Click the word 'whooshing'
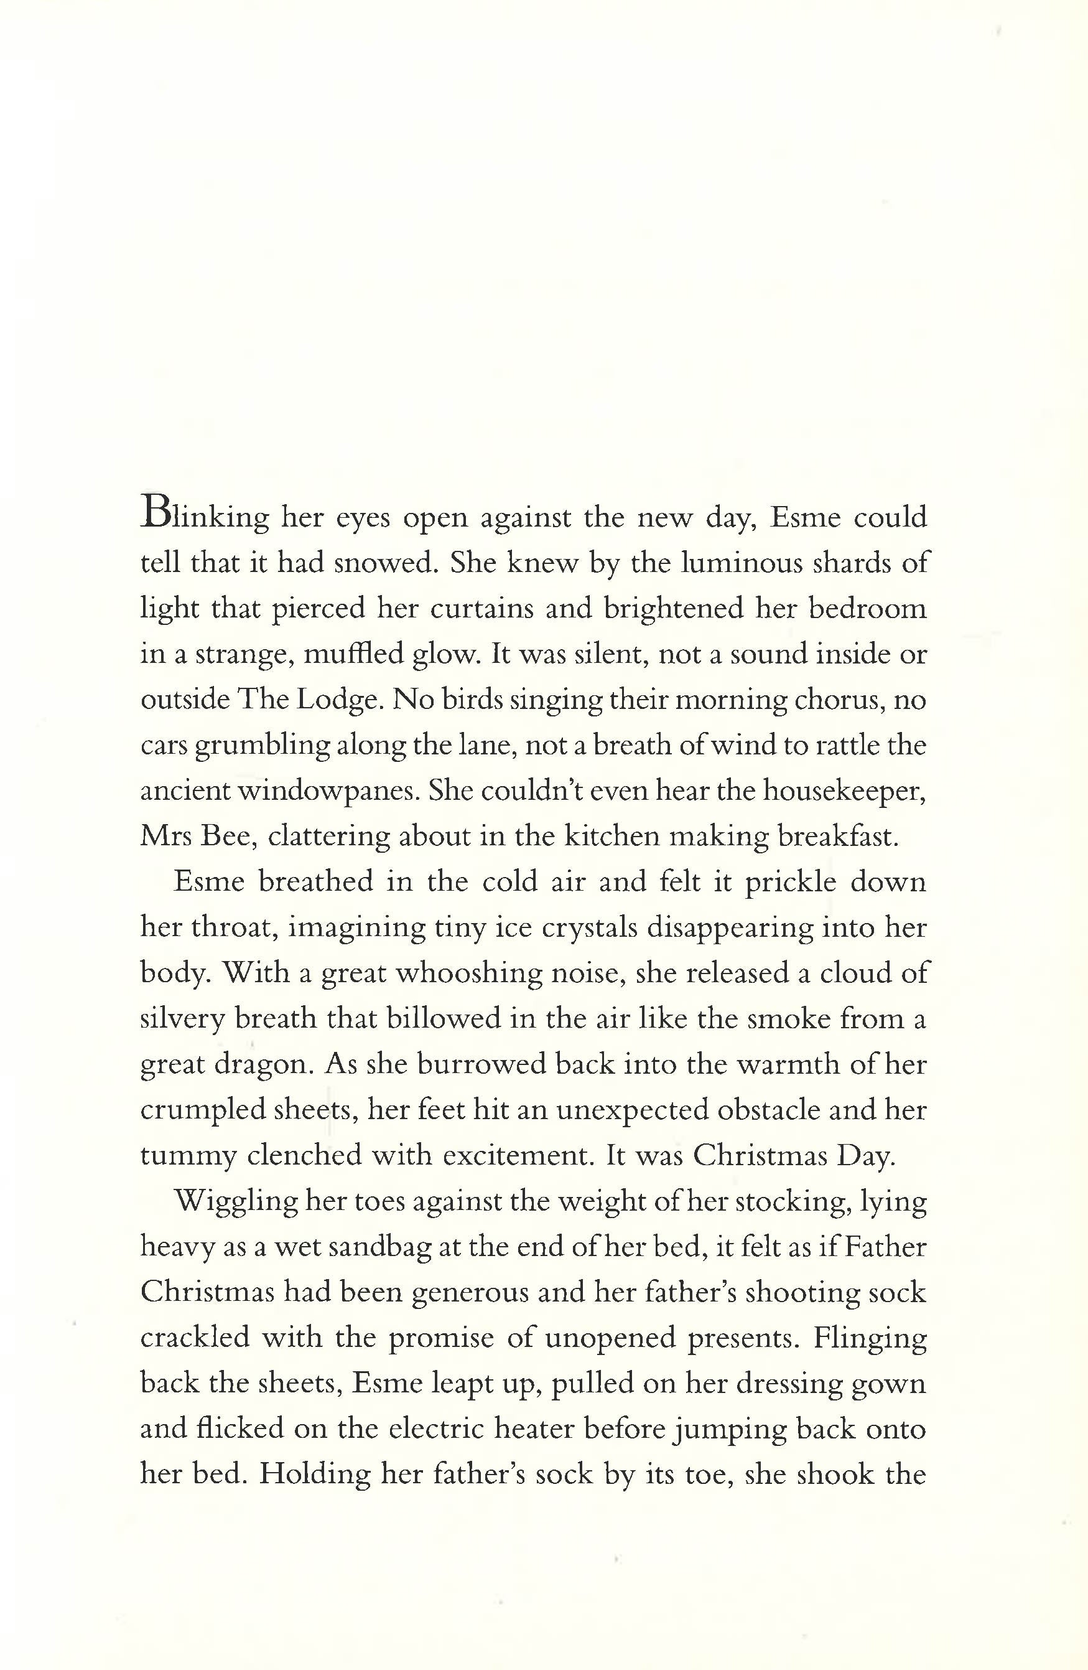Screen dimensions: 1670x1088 [468, 973]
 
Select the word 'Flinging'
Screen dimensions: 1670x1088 [870, 1338]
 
